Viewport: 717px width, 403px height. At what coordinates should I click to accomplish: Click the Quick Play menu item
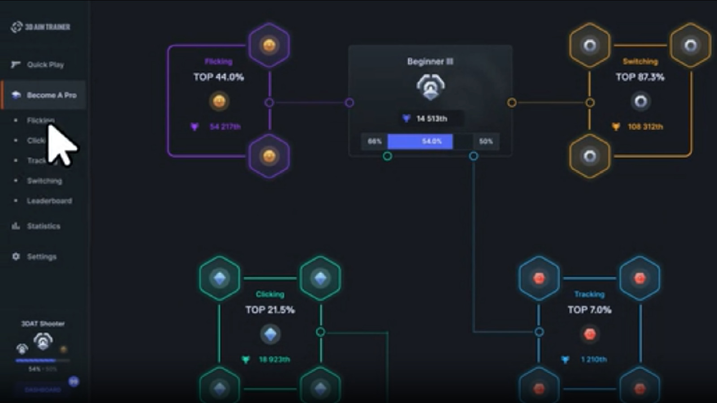point(45,65)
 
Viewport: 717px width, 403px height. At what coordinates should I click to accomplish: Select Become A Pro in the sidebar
point(51,95)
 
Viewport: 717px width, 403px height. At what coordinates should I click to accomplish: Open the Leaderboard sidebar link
point(49,201)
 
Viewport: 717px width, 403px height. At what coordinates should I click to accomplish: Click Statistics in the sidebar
point(43,226)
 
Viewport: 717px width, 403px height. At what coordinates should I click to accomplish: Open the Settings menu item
point(41,257)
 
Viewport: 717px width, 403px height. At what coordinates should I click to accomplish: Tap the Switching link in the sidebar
point(44,181)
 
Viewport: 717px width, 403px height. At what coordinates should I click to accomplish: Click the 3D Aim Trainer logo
point(41,27)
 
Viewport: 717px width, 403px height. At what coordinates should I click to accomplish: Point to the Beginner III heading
point(430,61)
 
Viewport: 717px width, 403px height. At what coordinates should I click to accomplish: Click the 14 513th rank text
point(431,119)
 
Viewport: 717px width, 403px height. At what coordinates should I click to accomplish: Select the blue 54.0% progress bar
point(420,141)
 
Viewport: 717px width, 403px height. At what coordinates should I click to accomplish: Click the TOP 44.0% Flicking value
point(219,77)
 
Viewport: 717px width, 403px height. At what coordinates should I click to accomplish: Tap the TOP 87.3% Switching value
point(640,77)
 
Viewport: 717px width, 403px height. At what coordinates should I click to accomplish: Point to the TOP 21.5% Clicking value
point(270,310)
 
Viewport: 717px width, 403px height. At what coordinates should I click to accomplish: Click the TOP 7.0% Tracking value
point(589,310)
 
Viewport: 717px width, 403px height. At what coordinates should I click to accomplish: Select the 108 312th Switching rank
point(645,127)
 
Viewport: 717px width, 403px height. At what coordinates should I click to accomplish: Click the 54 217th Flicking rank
point(225,127)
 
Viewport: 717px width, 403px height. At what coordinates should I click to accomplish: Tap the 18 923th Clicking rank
point(274,360)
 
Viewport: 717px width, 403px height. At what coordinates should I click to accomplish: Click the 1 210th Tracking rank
point(593,360)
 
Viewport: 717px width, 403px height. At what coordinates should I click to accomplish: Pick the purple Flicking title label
point(218,61)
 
